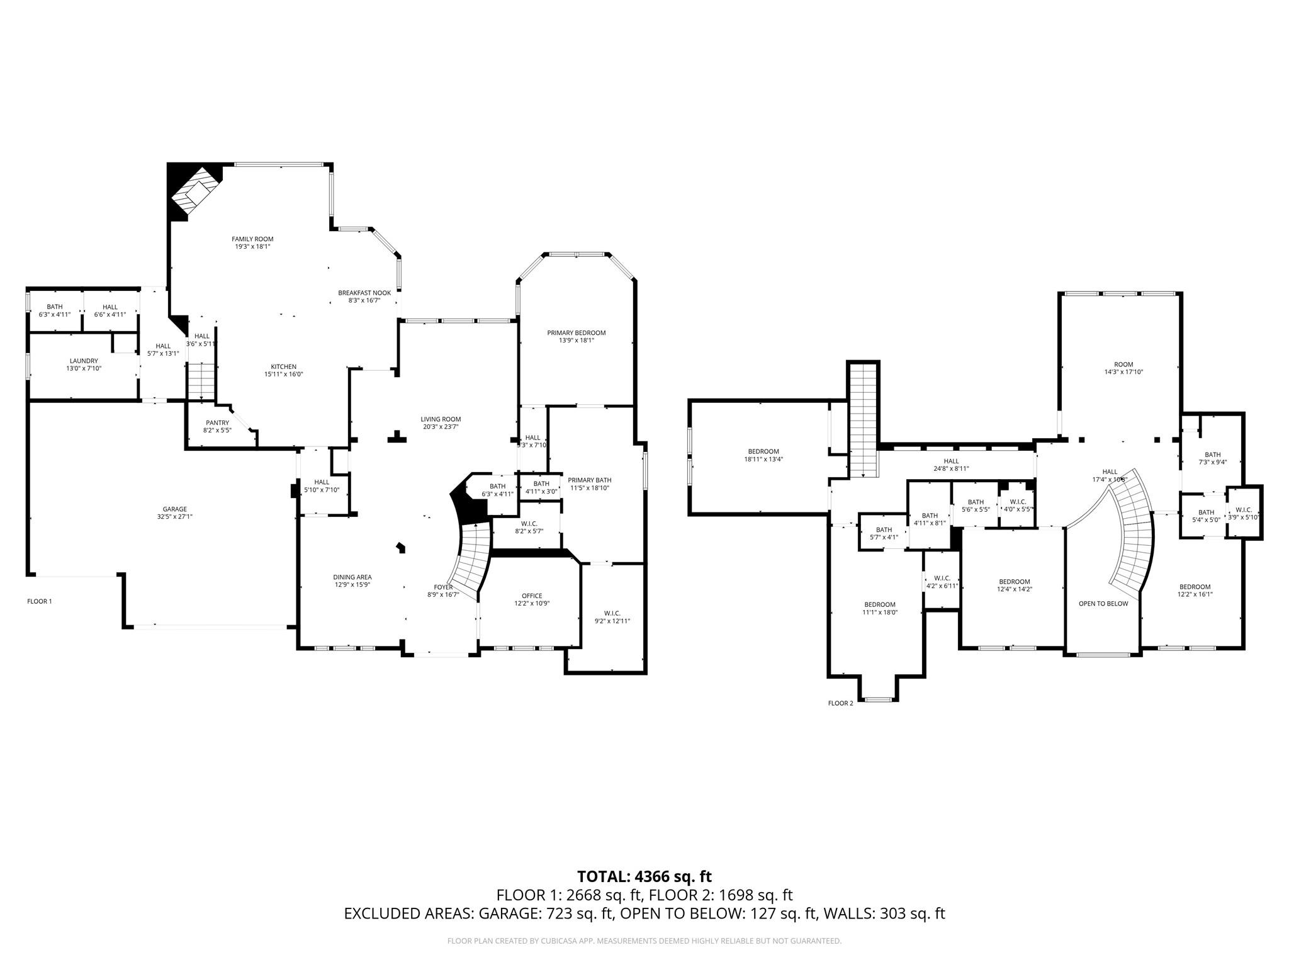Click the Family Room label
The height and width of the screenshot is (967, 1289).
click(252, 239)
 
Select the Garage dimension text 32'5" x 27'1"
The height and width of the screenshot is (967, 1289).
click(175, 517)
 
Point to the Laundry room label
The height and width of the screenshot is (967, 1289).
click(84, 361)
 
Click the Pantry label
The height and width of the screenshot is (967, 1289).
click(217, 423)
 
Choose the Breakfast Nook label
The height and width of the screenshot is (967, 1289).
click(364, 293)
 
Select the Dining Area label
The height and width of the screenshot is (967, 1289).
click(352, 577)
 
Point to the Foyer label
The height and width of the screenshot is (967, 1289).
click(443, 587)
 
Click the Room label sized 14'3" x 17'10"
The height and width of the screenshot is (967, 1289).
click(1123, 365)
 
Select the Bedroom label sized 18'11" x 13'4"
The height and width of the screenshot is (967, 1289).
click(763, 451)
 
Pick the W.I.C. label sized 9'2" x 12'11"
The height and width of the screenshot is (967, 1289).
click(612, 613)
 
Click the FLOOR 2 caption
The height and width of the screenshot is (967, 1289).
click(840, 703)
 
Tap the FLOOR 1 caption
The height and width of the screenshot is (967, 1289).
click(40, 601)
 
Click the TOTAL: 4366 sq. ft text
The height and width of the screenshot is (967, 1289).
click(644, 876)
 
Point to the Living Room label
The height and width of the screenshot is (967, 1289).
click(441, 419)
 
